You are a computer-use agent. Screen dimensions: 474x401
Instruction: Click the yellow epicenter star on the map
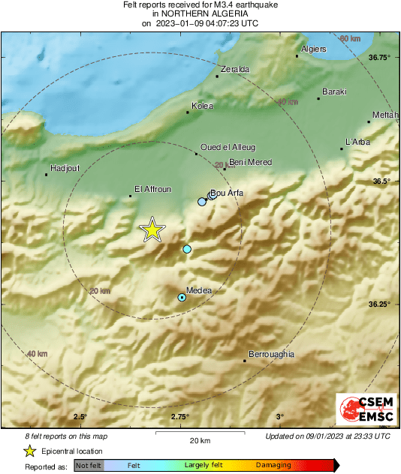point(152,229)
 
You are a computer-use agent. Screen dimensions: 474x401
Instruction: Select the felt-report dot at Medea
point(182,298)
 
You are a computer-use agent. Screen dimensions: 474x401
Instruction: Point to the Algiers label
point(313,49)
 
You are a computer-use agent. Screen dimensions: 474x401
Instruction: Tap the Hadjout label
point(63,168)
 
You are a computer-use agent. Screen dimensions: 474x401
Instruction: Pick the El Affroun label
point(149,189)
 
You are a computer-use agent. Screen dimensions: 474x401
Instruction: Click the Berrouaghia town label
point(271,354)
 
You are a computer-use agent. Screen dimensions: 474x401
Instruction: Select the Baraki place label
point(334,91)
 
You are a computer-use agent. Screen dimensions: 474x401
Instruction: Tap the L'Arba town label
point(357,142)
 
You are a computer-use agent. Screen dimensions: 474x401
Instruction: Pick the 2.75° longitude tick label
point(179,417)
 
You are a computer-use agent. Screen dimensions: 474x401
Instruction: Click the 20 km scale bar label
point(199,439)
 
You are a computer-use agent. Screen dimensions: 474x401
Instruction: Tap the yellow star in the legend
point(29,451)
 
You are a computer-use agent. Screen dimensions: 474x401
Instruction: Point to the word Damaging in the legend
point(274,466)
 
